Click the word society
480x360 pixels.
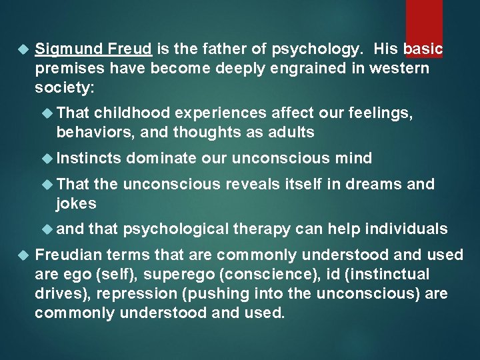click(x=61, y=87)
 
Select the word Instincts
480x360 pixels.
click(x=89, y=158)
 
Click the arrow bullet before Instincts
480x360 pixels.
click(x=47, y=158)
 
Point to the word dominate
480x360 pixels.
click(x=161, y=158)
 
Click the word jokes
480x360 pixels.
click(x=76, y=203)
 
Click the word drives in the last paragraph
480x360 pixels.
click(x=55, y=293)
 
